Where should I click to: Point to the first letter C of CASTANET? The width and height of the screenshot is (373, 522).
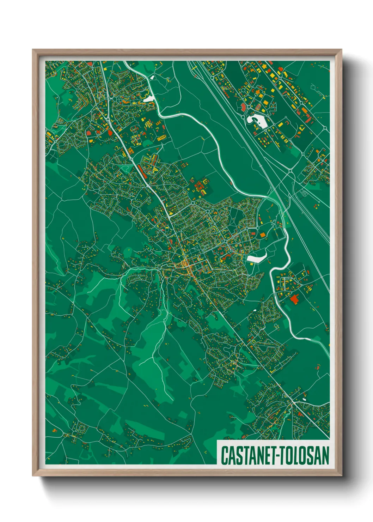tap(224, 455)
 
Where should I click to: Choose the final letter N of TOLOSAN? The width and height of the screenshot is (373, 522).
tap(326, 455)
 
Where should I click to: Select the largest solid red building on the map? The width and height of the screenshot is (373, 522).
tap(294, 299)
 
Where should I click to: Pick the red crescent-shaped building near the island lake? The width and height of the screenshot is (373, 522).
tap(243, 107)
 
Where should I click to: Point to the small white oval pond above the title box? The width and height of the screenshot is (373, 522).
tap(304, 399)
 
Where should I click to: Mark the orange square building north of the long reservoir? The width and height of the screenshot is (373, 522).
tap(262, 235)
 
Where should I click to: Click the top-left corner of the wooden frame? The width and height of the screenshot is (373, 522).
tap(33, 50)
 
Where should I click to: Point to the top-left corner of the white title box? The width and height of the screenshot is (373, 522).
tap(217, 441)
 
